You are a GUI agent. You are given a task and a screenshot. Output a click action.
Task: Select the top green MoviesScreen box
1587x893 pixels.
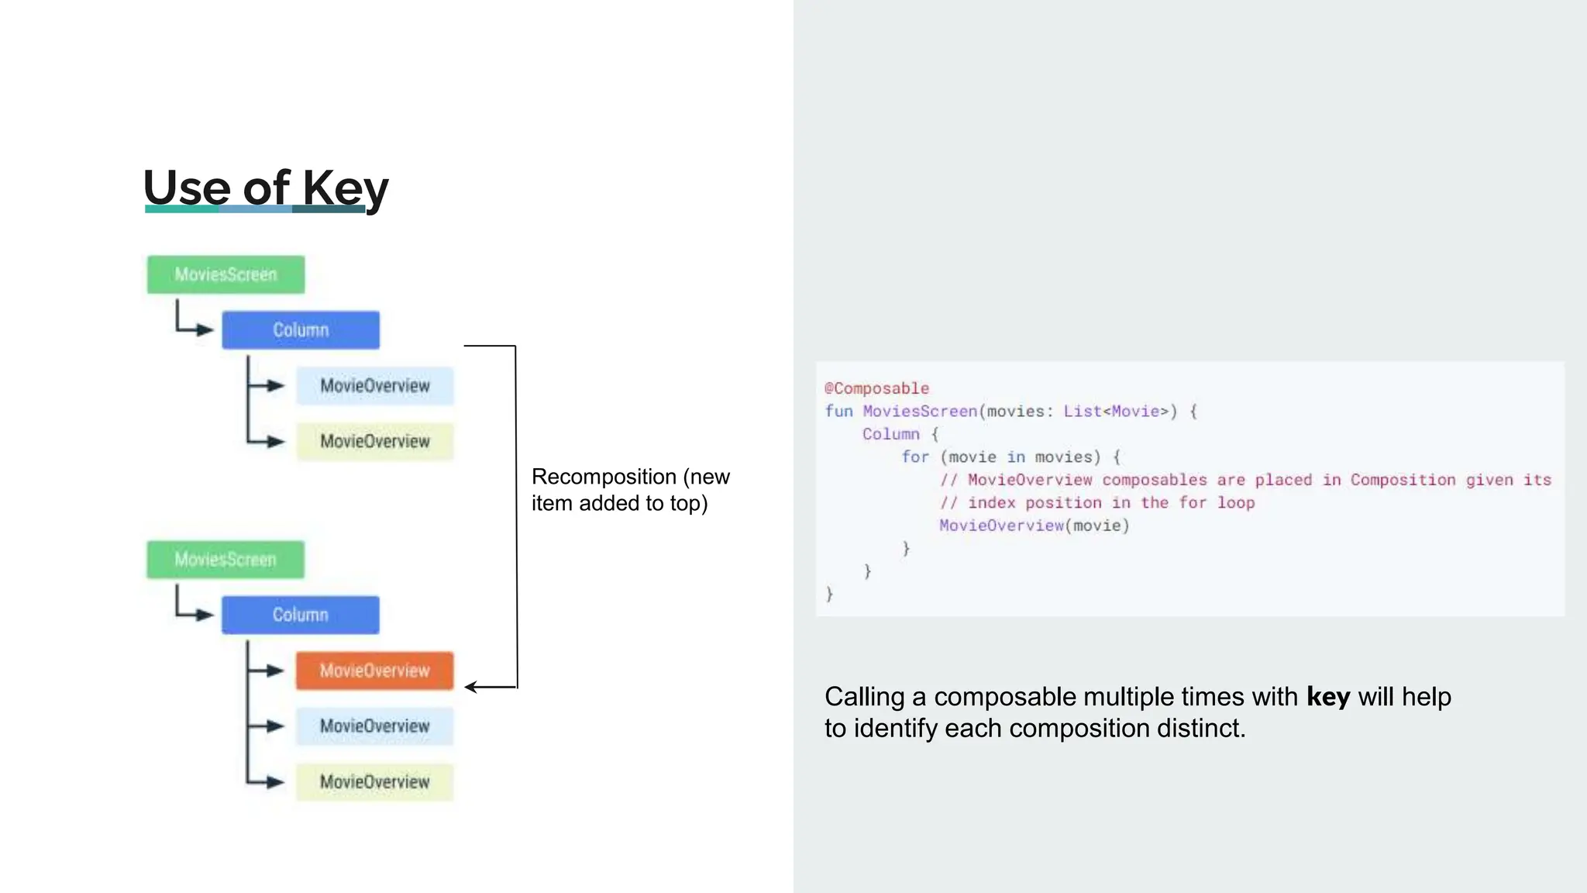[x=225, y=274]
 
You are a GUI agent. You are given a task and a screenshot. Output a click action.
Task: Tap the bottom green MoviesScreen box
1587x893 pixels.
[x=225, y=560]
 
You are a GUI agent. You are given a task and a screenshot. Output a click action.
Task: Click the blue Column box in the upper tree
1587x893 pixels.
[x=301, y=330]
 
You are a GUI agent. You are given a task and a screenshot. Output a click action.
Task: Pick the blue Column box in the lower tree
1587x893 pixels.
[x=301, y=615]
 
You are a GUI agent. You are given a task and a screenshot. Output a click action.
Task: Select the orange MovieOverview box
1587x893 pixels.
[x=374, y=671]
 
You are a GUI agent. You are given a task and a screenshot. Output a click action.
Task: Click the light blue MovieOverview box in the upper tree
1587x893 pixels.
[x=374, y=386]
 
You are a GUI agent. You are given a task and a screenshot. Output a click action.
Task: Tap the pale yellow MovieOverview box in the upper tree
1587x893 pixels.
[x=374, y=442]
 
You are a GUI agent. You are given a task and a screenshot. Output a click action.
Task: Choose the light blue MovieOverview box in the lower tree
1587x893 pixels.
[x=374, y=726]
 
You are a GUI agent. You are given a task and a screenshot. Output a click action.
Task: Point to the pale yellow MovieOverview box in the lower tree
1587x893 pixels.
[x=374, y=782]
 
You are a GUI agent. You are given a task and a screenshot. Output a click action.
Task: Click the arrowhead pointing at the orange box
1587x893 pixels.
[x=470, y=687]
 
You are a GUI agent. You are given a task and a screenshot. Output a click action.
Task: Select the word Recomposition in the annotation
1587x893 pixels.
[x=604, y=477]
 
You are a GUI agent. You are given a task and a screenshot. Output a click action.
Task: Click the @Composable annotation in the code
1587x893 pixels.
[x=876, y=388]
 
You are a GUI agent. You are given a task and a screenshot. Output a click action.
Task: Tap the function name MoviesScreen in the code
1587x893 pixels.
[x=920, y=412]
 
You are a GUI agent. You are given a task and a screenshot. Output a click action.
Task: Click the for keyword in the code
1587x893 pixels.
[x=914, y=457]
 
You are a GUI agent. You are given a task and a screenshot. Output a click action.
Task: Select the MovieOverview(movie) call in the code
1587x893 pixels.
[x=1034, y=526]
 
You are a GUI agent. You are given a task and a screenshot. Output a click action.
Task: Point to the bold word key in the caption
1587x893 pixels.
[x=1327, y=697]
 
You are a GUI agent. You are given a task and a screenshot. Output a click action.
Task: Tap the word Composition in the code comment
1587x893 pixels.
[x=1403, y=480]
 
